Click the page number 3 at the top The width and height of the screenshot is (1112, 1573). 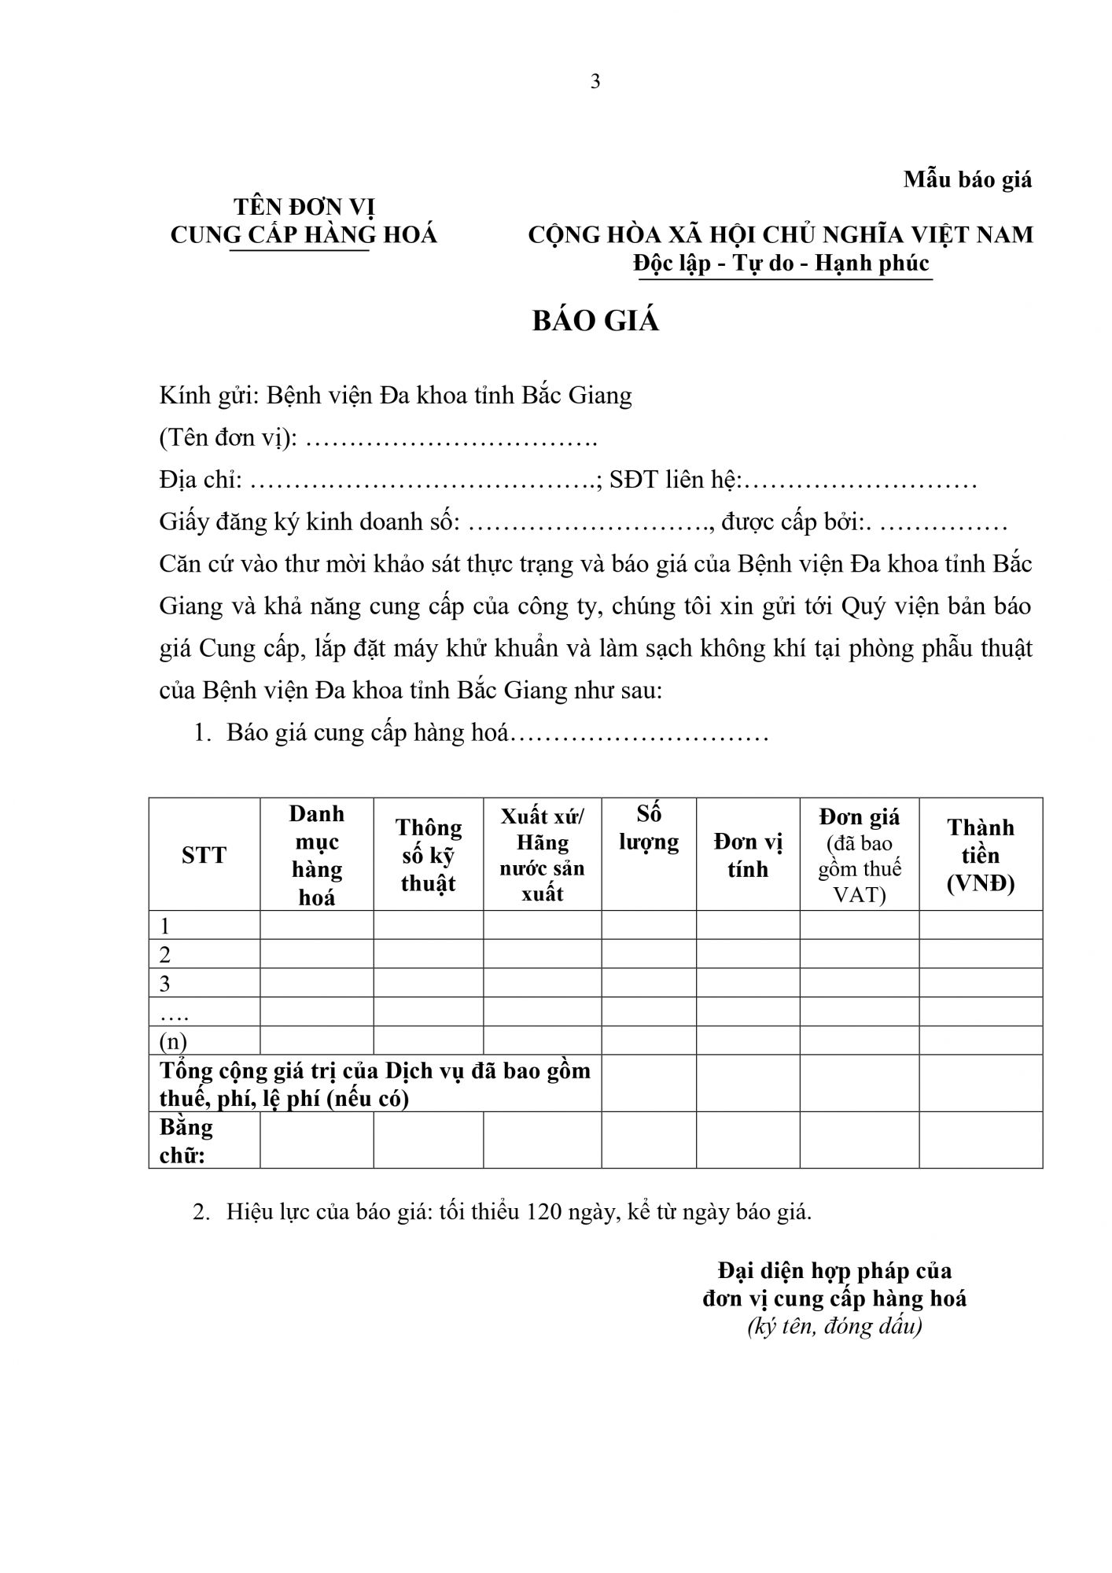[595, 82]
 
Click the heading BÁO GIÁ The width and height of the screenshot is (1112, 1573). [595, 321]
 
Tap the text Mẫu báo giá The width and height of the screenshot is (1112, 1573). [967, 179]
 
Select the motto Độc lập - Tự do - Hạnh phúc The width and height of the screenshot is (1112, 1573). [782, 263]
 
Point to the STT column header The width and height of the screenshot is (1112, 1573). [204, 855]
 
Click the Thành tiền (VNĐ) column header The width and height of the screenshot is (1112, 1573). [981, 855]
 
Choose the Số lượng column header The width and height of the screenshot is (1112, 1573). [649, 827]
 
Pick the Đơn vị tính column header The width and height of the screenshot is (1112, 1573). [748, 855]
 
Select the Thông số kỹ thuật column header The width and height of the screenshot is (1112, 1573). [429, 855]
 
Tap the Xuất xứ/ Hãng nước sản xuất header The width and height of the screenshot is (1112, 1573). [542, 855]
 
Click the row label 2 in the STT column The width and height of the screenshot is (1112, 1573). [165, 955]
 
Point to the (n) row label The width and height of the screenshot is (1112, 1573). [173, 1041]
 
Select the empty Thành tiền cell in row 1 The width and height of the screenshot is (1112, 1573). [981, 926]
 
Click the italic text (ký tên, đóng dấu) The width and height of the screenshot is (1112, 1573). [834, 1327]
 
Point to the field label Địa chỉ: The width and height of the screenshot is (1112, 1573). [201, 480]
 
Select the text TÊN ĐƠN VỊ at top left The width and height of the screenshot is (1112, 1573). [304, 207]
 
